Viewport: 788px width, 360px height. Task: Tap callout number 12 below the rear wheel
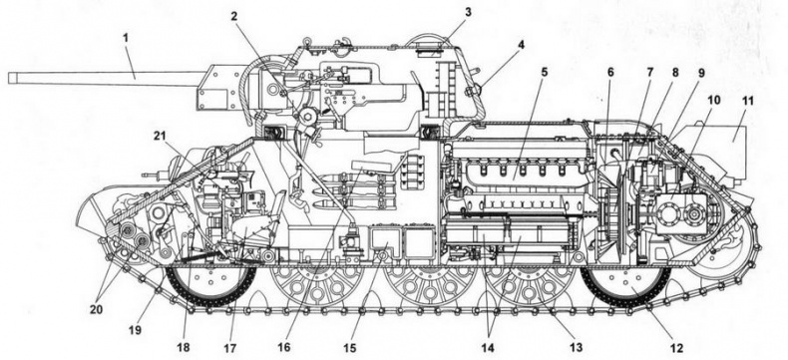pos(677,349)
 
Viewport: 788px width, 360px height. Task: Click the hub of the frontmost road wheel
pos(207,283)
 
